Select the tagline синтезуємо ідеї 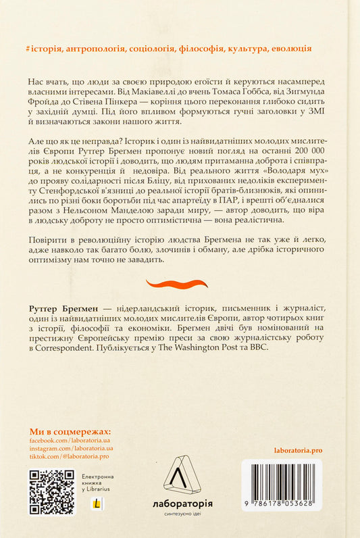point(179,516)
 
